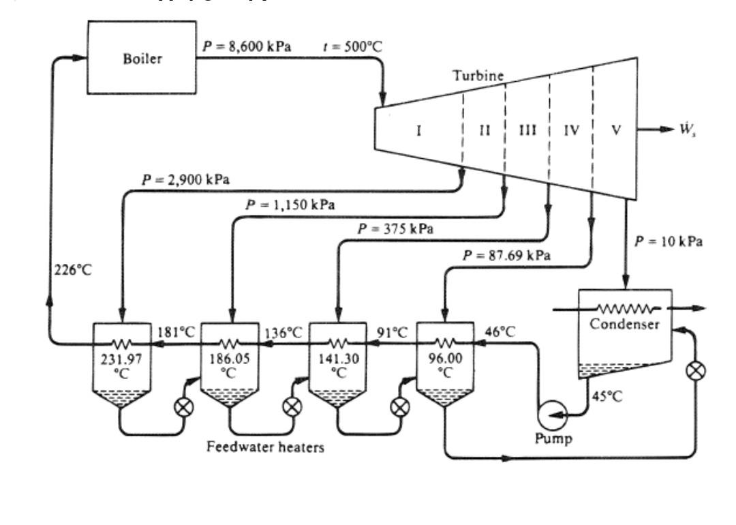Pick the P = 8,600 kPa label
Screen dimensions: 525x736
(247, 49)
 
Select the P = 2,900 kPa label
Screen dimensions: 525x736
(186, 180)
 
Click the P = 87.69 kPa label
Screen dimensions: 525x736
(507, 255)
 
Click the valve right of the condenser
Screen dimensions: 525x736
(696, 372)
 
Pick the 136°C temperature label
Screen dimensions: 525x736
(282, 332)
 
